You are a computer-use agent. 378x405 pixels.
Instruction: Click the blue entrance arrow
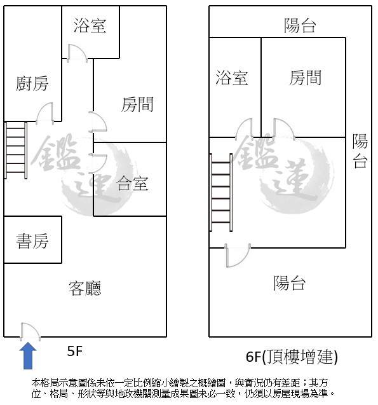click(28, 355)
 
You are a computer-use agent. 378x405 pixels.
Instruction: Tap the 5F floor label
click(74, 351)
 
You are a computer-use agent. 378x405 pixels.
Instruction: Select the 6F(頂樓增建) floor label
click(292, 357)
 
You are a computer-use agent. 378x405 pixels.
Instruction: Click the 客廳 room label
click(85, 288)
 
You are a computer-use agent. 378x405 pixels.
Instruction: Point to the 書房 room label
click(32, 241)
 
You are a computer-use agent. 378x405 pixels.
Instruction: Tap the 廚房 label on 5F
click(32, 83)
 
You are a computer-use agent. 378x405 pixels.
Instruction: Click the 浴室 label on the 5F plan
click(90, 25)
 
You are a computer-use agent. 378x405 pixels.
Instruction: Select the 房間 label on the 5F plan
click(137, 104)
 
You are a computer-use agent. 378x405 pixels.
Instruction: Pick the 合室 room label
click(132, 183)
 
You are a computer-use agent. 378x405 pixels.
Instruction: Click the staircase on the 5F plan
click(16, 150)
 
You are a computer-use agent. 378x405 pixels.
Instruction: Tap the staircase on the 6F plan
click(221, 193)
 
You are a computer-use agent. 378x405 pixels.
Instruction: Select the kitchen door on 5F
click(44, 113)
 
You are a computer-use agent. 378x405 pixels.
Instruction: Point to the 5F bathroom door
click(77, 53)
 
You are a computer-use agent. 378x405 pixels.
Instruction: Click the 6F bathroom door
click(244, 129)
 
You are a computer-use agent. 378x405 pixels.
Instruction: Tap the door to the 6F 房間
click(285, 129)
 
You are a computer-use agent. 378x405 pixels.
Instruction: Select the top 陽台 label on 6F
click(300, 25)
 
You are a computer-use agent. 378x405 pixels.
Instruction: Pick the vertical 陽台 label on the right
click(360, 151)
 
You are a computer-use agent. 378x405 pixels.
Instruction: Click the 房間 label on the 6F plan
click(305, 78)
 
